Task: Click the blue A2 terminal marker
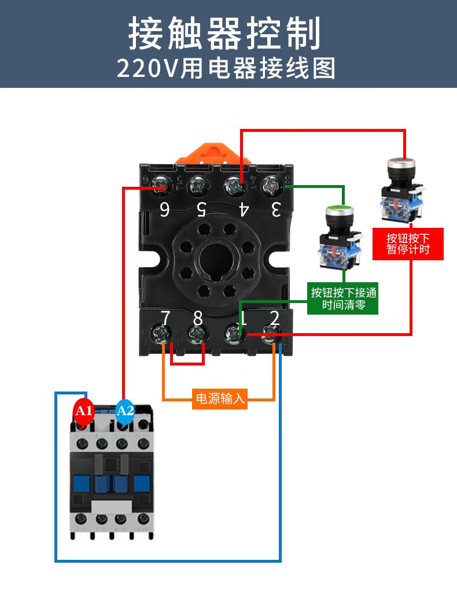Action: (125, 411)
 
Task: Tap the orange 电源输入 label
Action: (220, 398)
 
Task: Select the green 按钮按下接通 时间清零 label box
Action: (343, 298)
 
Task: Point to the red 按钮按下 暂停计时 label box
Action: (408, 243)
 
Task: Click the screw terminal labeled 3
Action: (271, 186)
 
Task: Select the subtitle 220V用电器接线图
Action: (226, 68)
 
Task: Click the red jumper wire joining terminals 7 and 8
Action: (187, 364)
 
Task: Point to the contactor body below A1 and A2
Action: (112, 480)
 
